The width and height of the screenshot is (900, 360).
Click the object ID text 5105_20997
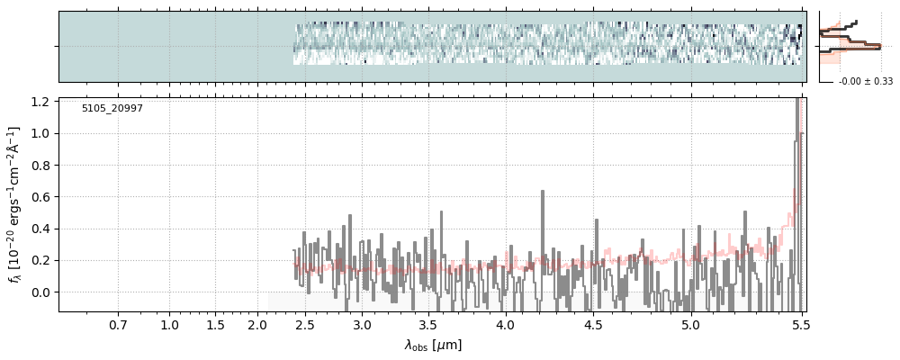point(112,109)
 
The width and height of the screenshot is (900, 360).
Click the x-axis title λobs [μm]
point(433,345)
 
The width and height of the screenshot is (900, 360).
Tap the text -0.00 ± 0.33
point(866,82)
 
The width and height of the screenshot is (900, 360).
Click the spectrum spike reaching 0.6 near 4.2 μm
point(543,193)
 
